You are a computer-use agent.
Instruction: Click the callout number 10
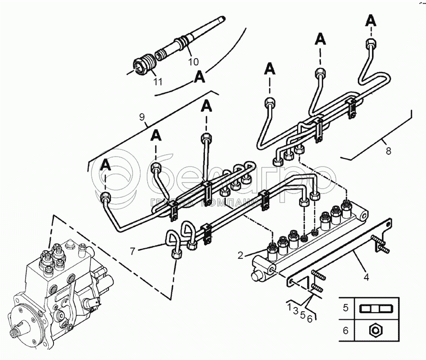[193, 61]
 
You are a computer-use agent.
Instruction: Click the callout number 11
[158, 81]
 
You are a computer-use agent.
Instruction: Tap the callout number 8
[389, 151]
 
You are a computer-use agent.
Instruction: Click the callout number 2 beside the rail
[240, 255]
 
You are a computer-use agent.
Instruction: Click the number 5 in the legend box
[346, 308]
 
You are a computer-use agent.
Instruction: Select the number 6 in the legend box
[346, 331]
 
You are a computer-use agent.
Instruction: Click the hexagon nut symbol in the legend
[375, 331]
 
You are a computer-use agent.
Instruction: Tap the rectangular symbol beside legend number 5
[375, 308]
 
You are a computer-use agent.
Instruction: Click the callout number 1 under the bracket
[289, 308]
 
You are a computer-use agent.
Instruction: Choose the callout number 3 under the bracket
[296, 311]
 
